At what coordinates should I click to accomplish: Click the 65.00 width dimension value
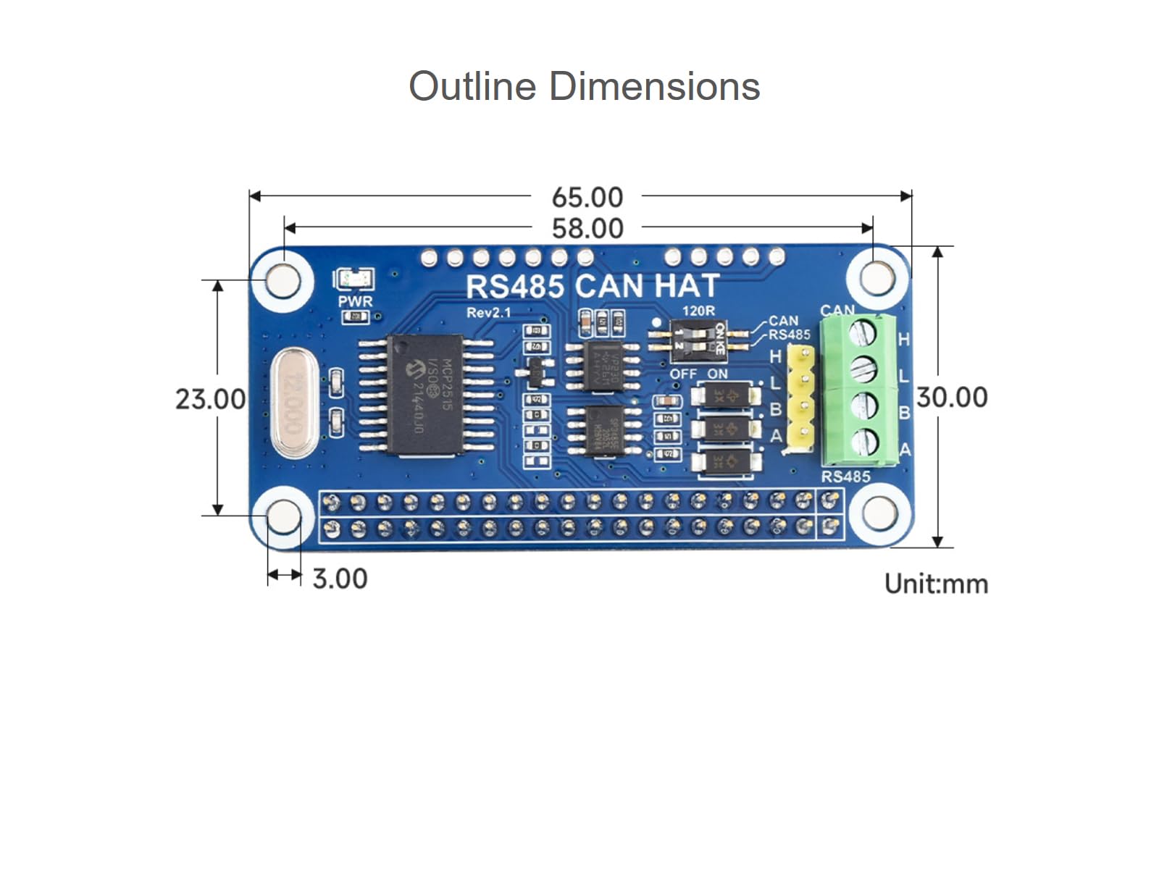click(587, 197)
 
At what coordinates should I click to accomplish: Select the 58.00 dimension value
click(587, 229)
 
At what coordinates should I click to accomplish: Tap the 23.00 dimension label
click(210, 399)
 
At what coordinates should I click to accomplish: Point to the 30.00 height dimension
click(952, 398)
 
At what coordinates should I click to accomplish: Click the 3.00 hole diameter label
click(340, 579)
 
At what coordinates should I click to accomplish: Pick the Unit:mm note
click(936, 584)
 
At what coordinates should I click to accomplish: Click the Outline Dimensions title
click(584, 86)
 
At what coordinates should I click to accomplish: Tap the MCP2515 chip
click(425, 395)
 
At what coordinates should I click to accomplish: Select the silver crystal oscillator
click(294, 403)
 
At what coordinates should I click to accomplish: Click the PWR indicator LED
click(354, 280)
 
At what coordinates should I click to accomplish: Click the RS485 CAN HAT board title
click(592, 287)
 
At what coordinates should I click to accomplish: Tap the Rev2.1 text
click(488, 313)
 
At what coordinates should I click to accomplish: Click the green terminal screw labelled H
click(862, 334)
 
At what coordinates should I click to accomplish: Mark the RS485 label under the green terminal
click(845, 477)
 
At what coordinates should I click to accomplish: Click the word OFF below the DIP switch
click(682, 374)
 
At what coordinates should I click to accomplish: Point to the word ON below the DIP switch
click(717, 374)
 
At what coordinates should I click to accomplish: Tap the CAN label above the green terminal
click(837, 311)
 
